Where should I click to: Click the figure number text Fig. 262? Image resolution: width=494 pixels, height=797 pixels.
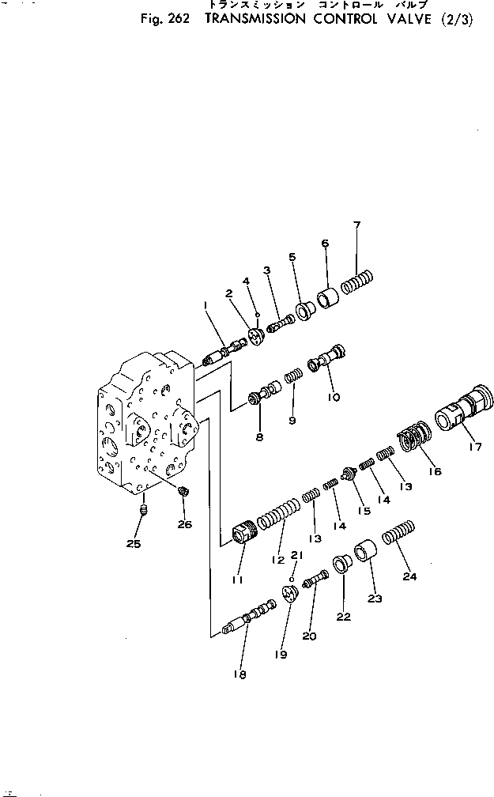point(161,20)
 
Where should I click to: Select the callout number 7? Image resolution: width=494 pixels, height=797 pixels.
point(356,226)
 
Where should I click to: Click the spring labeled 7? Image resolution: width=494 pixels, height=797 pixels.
point(356,281)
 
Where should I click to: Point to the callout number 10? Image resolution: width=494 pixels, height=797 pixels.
point(334,397)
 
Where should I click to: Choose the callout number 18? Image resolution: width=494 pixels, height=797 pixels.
point(239,674)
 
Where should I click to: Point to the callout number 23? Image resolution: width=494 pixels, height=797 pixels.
point(373,599)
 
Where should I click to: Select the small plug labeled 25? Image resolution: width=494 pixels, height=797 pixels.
point(145,512)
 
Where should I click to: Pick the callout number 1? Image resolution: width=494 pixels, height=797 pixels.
point(204,304)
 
